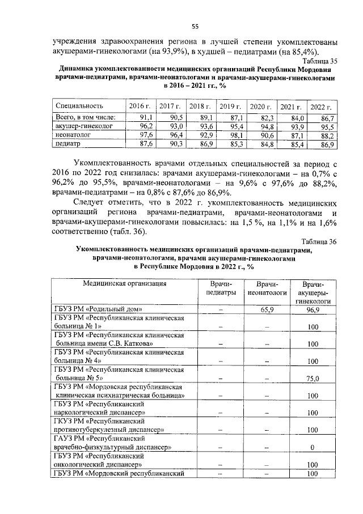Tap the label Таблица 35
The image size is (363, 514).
(320, 61)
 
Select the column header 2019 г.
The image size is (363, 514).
(231, 106)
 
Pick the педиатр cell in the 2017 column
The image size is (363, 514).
(172, 145)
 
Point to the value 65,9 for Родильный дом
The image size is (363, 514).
(267, 309)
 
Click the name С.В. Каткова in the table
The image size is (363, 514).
(130, 344)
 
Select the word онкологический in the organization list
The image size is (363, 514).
(85, 464)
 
